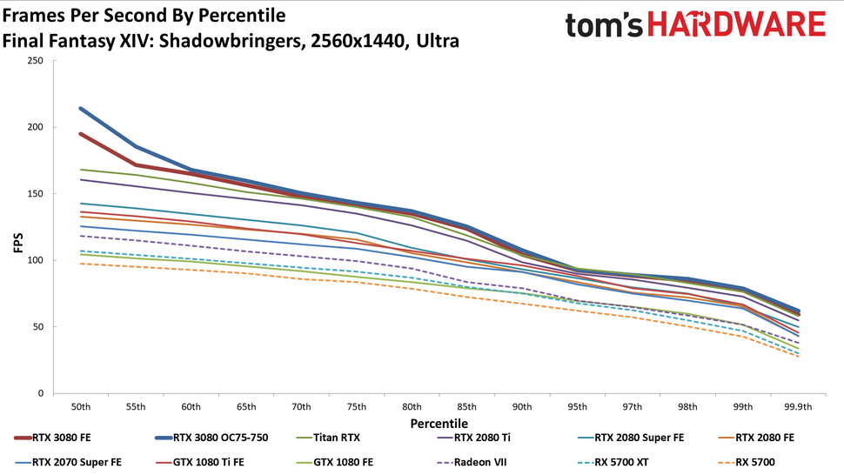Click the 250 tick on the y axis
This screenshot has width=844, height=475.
click(x=34, y=61)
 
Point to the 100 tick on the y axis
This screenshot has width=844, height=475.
click(x=34, y=261)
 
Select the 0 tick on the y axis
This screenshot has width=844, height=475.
click(x=40, y=394)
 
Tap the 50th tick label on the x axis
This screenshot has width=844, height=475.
click(x=80, y=407)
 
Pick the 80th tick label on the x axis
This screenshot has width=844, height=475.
click(x=411, y=407)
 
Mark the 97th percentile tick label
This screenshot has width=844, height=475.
click(x=632, y=407)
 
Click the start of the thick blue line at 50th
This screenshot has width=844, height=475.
click(x=80, y=109)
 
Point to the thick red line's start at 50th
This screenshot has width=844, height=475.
click(x=80, y=134)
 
